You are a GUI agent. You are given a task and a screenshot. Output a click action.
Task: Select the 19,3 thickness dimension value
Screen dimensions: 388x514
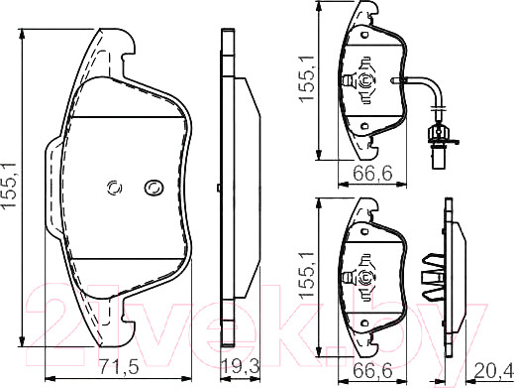[238, 366]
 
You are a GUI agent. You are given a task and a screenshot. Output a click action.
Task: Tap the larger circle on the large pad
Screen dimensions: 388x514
[154, 187]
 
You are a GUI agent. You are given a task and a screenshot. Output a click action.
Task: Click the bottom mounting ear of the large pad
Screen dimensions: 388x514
[119, 320]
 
